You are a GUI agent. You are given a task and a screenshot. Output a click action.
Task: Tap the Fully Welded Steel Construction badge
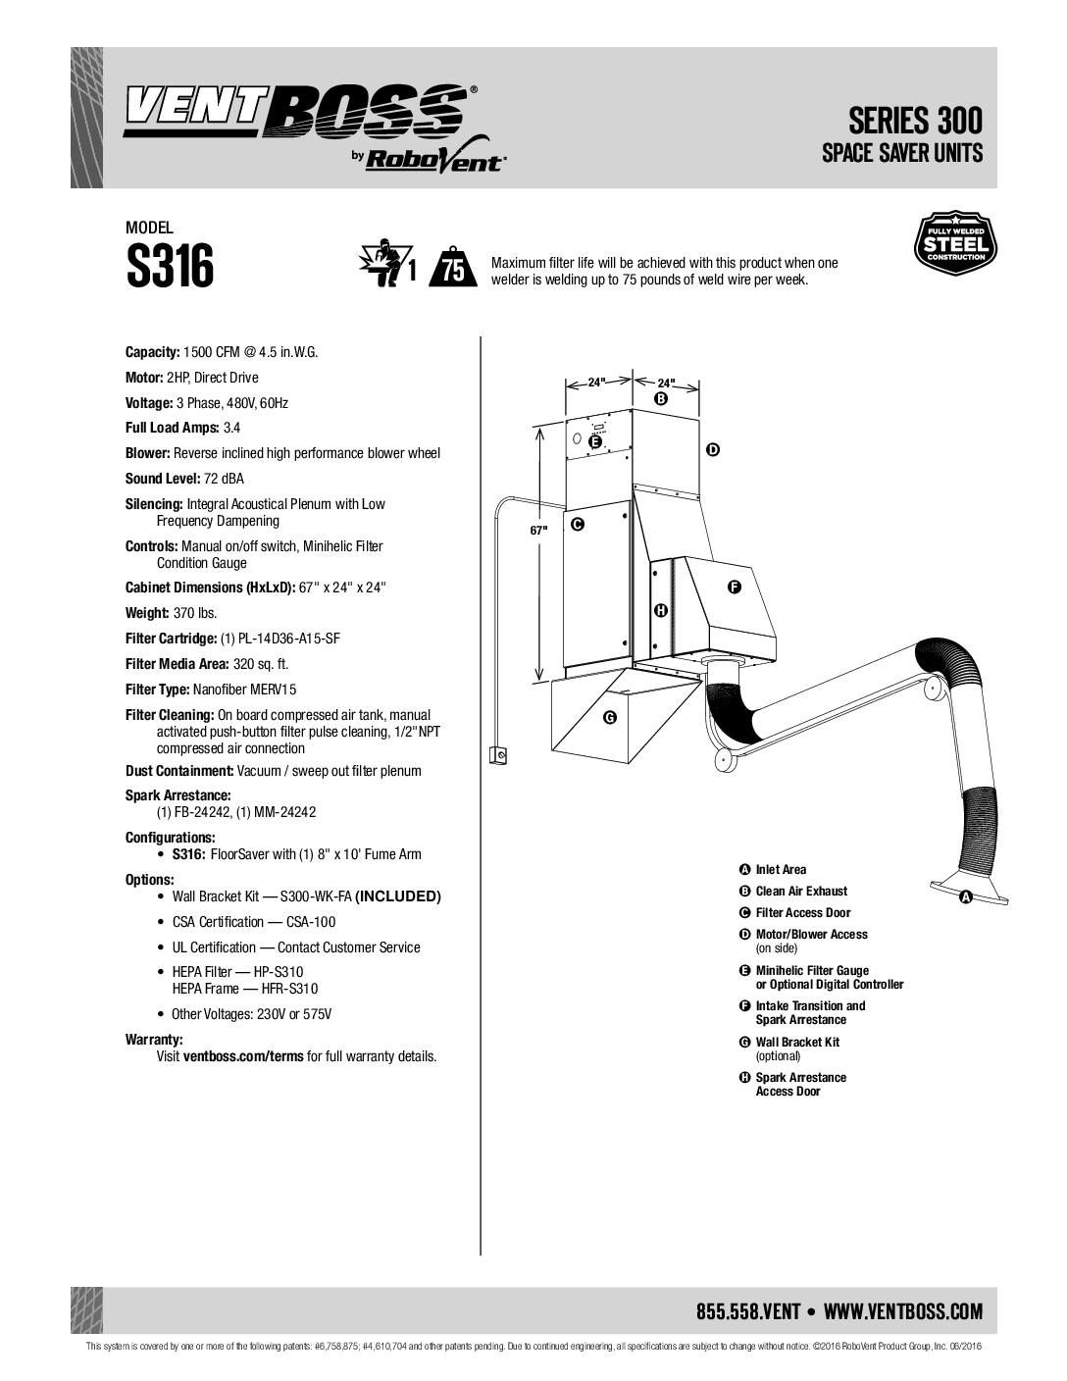pos(954,243)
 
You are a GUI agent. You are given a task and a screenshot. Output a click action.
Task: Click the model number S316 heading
pos(170,267)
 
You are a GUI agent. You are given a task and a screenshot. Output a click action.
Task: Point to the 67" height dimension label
pos(538,530)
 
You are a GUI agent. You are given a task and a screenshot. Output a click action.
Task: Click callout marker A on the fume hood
pos(965,896)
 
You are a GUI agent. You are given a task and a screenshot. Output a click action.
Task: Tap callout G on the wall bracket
pos(609,718)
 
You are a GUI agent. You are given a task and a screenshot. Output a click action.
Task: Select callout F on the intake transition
pos(734,587)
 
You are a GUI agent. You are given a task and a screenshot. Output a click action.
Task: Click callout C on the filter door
pos(578,525)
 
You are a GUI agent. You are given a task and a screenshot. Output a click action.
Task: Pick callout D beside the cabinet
pos(712,449)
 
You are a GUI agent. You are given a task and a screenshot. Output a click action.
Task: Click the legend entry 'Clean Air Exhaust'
pos(801,891)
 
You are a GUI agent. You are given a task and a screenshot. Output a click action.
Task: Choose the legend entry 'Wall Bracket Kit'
pos(797,1042)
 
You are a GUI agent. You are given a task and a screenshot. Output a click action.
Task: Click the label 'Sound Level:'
pos(163,479)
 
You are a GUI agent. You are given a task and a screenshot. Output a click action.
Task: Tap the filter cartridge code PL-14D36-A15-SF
pos(280,639)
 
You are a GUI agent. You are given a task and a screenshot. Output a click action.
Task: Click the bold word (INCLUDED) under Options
pos(398,896)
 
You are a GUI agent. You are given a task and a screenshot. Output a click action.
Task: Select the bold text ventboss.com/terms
pos(243,1056)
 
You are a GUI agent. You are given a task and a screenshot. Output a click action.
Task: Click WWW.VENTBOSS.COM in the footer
pos(903,1311)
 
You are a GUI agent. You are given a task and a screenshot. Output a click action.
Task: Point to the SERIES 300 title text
pos(915,121)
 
